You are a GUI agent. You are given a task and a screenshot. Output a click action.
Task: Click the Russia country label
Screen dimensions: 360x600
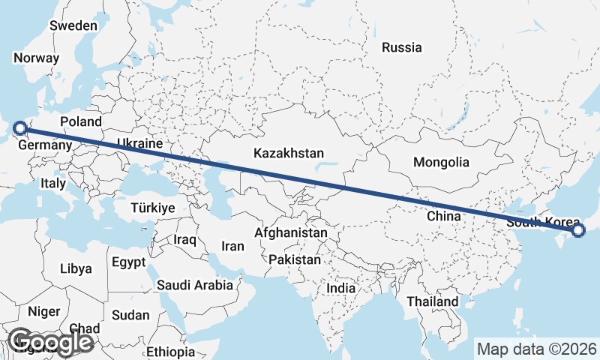[401, 47]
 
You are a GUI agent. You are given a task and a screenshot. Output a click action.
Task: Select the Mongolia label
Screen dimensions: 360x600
[441, 162]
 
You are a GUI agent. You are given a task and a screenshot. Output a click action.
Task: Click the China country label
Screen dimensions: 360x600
[442, 216]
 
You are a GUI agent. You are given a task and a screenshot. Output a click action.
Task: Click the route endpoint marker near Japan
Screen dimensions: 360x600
[578, 230]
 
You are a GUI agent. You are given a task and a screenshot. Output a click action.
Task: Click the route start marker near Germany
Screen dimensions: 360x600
[20, 128]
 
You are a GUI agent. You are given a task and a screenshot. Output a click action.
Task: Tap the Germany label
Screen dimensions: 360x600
[45, 145]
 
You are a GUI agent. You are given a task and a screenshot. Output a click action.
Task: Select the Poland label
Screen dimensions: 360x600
[80, 121]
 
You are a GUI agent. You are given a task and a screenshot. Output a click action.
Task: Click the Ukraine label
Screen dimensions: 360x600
[139, 143]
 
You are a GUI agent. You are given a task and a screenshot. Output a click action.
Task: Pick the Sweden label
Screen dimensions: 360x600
[73, 25]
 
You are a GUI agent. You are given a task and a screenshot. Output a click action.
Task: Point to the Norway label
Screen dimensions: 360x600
[36, 58]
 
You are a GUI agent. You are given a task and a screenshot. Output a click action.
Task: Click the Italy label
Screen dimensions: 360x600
[53, 183]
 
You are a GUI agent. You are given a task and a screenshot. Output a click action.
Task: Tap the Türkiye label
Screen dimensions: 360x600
[152, 208]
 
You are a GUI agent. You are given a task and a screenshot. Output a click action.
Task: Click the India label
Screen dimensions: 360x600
[341, 288]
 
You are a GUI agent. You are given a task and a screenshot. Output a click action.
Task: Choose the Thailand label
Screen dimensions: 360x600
[433, 301]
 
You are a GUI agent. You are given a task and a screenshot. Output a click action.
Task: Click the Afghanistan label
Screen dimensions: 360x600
[291, 233]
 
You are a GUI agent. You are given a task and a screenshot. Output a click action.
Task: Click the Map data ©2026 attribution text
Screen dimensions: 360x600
[537, 349]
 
